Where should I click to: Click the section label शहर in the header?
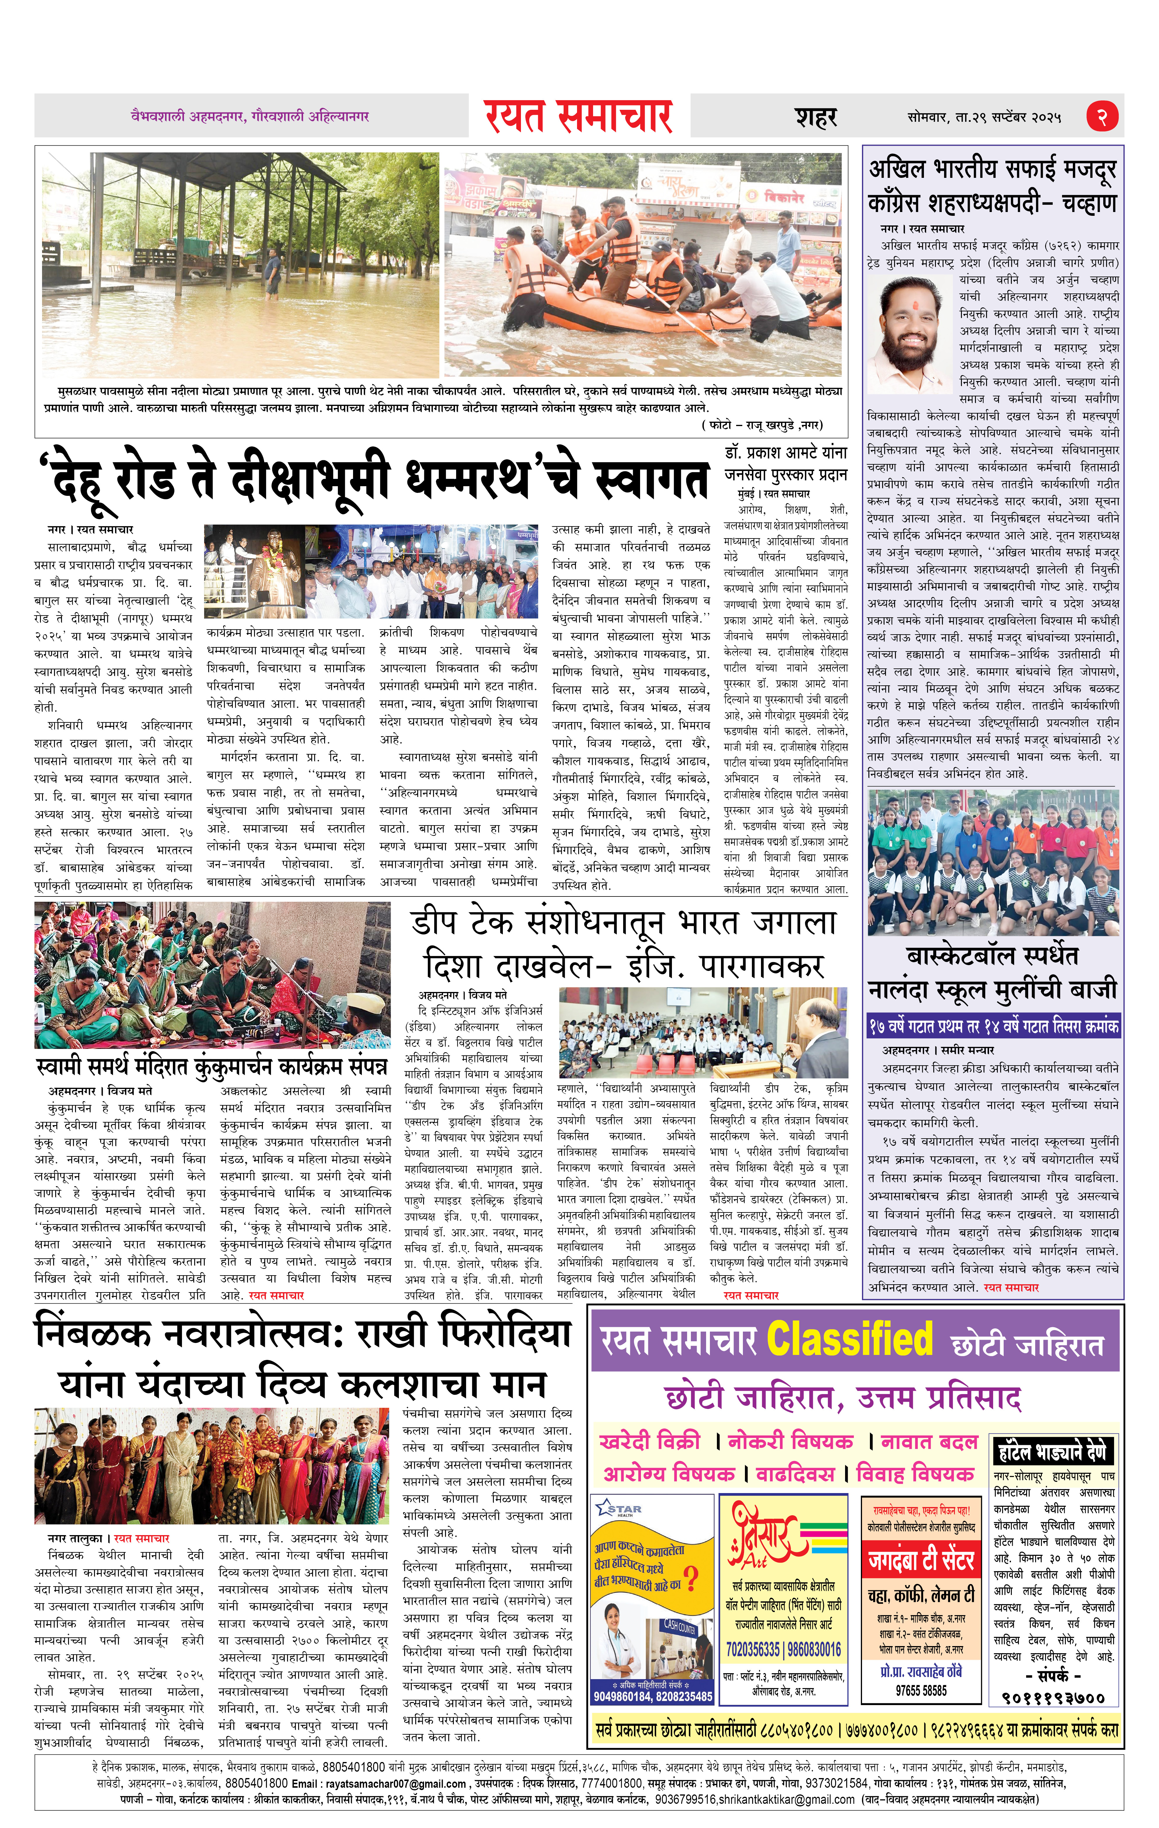816,118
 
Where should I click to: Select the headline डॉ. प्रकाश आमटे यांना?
786,452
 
